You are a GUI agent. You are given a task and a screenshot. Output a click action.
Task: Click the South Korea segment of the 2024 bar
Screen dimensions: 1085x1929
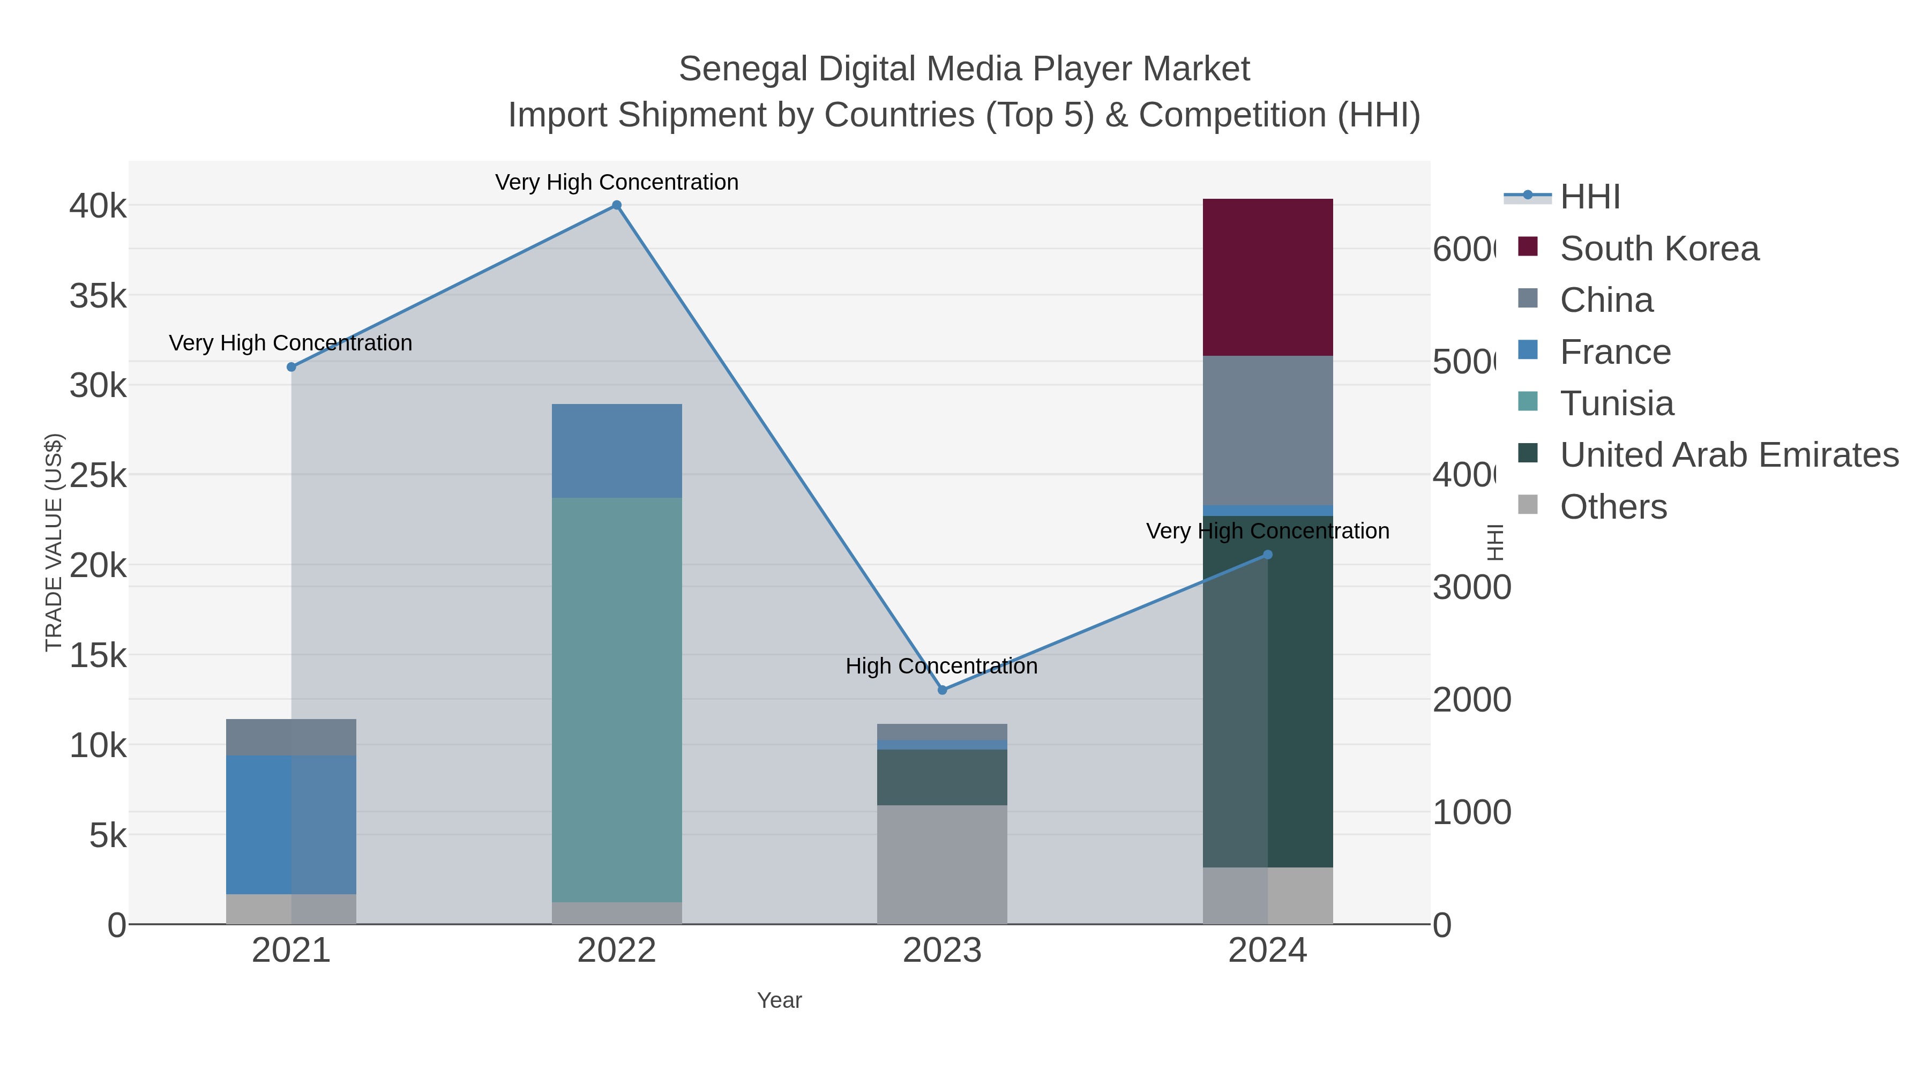point(1267,277)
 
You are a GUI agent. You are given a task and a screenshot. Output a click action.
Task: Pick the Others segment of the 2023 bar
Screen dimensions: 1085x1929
point(941,864)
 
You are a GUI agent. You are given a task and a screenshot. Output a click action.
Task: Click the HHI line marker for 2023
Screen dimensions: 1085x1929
point(942,690)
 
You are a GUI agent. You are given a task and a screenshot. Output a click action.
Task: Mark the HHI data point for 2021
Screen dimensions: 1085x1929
point(291,367)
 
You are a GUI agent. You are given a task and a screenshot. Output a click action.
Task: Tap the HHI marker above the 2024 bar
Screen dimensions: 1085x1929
point(1267,555)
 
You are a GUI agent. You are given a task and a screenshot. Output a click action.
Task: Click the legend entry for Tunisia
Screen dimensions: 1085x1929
point(1616,403)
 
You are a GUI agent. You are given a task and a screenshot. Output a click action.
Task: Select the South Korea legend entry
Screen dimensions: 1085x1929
point(1658,249)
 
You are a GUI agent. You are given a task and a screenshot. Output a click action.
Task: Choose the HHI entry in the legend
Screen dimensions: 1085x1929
point(1589,197)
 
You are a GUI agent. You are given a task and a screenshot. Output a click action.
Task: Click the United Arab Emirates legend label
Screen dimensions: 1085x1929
point(1728,454)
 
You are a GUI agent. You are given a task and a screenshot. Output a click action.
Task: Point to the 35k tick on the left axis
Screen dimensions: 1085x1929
point(98,296)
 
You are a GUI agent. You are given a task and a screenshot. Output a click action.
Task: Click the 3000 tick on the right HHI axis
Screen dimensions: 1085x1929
point(1471,588)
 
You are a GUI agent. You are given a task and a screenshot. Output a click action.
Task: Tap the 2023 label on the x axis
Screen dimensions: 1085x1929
point(941,951)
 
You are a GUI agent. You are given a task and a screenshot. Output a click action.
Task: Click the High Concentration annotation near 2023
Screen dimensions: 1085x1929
point(941,665)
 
